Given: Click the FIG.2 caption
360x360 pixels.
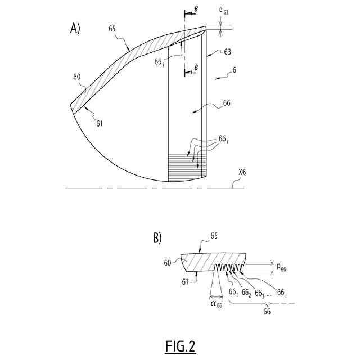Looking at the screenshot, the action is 180,346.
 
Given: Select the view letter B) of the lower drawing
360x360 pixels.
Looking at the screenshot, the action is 158,238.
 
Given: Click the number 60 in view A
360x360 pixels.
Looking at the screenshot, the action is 78,76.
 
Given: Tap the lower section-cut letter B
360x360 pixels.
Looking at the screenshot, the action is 196,68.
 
